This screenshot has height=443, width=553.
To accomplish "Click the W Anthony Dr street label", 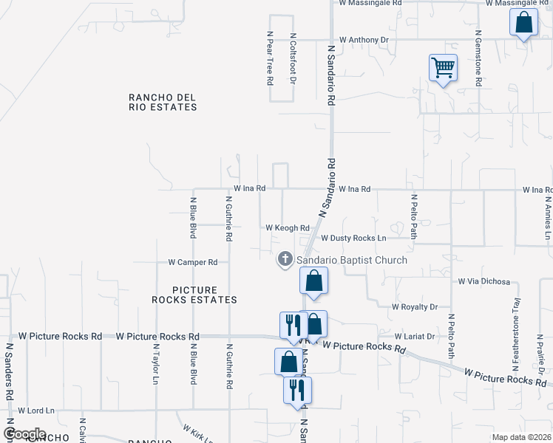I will (364, 40).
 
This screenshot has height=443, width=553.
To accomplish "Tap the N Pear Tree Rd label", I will (271, 58).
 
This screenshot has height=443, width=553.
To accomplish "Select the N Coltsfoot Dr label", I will (293, 58).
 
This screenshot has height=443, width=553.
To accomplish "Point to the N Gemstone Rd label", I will (479, 59).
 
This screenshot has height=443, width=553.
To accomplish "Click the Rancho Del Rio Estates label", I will (163, 102).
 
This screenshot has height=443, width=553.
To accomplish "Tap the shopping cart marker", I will (443, 69).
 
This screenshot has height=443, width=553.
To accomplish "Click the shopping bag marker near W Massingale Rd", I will (523, 24).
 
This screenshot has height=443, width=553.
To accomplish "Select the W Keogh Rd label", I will (287, 228).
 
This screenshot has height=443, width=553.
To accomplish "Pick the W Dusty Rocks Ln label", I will (353, 238).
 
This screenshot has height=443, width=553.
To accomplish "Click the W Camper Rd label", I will (192, 262).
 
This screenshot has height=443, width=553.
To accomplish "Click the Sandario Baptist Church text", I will (352, 260).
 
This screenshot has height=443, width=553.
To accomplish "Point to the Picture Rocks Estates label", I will (194, 295).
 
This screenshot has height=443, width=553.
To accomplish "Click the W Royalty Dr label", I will (415, 306).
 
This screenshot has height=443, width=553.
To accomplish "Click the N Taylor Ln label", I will (156, 364).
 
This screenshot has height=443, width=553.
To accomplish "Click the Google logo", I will (25, 434).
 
